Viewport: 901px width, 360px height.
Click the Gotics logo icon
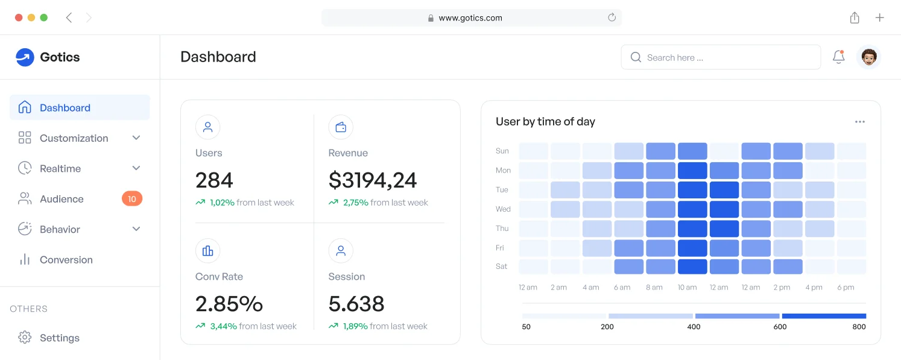(25, 57)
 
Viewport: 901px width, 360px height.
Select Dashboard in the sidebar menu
(65, 108)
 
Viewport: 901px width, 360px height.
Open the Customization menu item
(74, 138)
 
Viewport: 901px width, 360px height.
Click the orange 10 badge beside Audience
(132, 198)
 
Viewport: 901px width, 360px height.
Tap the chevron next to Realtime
(136, 168)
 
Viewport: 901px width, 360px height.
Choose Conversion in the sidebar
(66, 260)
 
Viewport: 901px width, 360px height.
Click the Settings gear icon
(25, 338)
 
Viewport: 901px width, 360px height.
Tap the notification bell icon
(838, 57)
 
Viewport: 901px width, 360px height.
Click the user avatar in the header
(868, 57)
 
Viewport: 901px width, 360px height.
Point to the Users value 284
(214, 180)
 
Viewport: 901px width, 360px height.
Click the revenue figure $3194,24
(373, 180)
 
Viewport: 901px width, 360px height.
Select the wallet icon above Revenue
(341, 127)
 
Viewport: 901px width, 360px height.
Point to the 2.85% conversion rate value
(229, 303)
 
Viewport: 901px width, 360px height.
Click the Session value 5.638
(356, 303)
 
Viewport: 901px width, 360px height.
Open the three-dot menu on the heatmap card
(860, 122)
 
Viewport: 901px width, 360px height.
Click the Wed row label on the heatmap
(503, 209)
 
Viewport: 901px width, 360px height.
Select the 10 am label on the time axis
(687, 288)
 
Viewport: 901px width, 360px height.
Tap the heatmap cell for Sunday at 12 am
(534, 151)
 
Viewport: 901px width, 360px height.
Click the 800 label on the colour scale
(859, 327)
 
